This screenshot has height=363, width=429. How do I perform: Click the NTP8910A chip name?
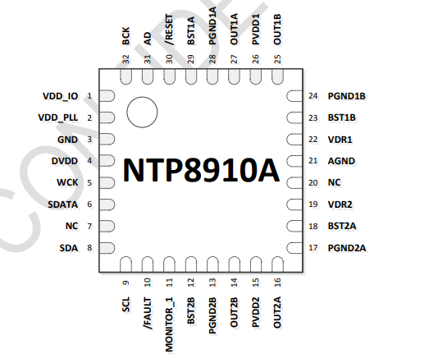[x=201, y=170]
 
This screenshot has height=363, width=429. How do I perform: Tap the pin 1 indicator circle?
[x=142, y=112]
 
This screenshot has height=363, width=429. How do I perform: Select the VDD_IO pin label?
[x=61, y=96]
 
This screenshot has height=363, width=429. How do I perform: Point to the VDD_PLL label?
[x=58, y=117]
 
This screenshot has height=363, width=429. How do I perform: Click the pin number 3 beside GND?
[x=89, y=140]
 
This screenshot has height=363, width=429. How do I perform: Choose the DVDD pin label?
[x=65, y=161]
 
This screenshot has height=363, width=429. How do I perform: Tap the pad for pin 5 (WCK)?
[x=107, y=183]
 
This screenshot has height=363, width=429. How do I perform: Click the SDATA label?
[x=62, y=204]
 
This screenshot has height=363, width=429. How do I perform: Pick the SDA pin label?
[x=69, y=248]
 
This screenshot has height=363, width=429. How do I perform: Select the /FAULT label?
[x=148, y=314]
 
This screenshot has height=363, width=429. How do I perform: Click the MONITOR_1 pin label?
[x=169, y=324]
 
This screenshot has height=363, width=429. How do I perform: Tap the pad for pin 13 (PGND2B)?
[x=212, y=264]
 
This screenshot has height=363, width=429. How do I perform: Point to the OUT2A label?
[x=277, y=312]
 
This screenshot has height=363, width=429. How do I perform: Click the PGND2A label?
[x=347, y=248]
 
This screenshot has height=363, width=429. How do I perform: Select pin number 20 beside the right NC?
[x=313, y=183]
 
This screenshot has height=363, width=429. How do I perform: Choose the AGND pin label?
[x=341, y=161]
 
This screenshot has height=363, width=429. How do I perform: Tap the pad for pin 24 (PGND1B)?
[x=294, y=96]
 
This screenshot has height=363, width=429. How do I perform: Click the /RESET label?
[x=169, y=30]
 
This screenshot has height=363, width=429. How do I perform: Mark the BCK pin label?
[x=126, y=36]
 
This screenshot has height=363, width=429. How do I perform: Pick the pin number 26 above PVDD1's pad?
[x=256, y=59]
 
